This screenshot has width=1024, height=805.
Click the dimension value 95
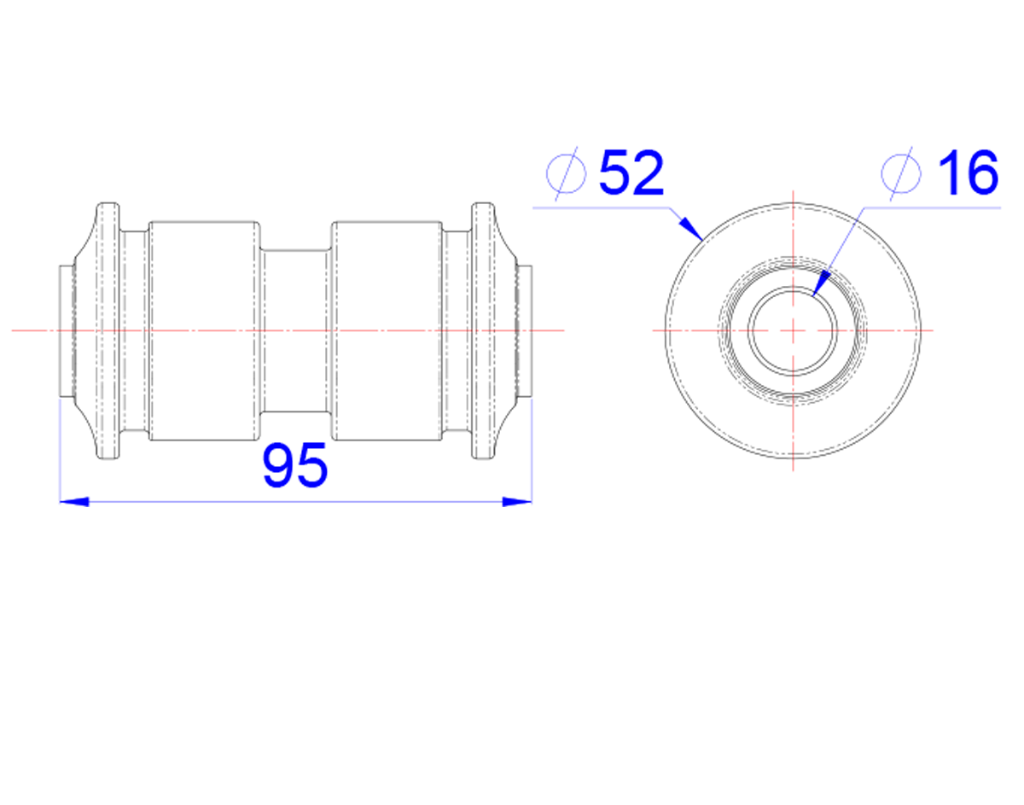click(x=294, y=464)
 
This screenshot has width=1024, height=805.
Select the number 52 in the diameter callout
click(x=631, y=172)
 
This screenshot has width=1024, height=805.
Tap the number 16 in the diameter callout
click(x=969, y=172)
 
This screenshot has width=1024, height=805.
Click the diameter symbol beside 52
click(x=567, y=173)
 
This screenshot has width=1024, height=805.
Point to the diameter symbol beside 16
click(x=900, y=173)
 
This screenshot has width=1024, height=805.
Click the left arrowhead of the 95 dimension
click(x=74, y=502)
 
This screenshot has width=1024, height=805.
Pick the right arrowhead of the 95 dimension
click(x=517, y=502)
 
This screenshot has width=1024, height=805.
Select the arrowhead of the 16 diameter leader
click(x=820, y=283)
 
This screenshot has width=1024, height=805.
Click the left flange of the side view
click(x=108, y=331)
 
